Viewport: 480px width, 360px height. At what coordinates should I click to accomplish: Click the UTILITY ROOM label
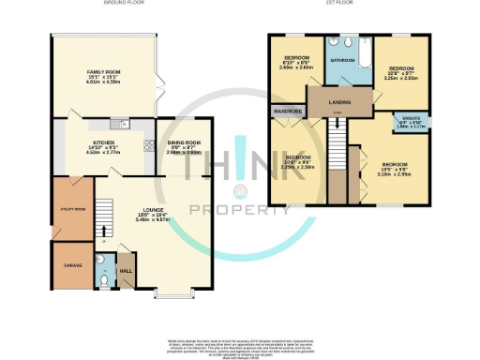72,209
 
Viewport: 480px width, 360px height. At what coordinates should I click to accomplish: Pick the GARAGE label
72,265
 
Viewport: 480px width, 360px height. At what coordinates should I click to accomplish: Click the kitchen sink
117,124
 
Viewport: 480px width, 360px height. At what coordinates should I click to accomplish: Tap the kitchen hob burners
148,144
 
